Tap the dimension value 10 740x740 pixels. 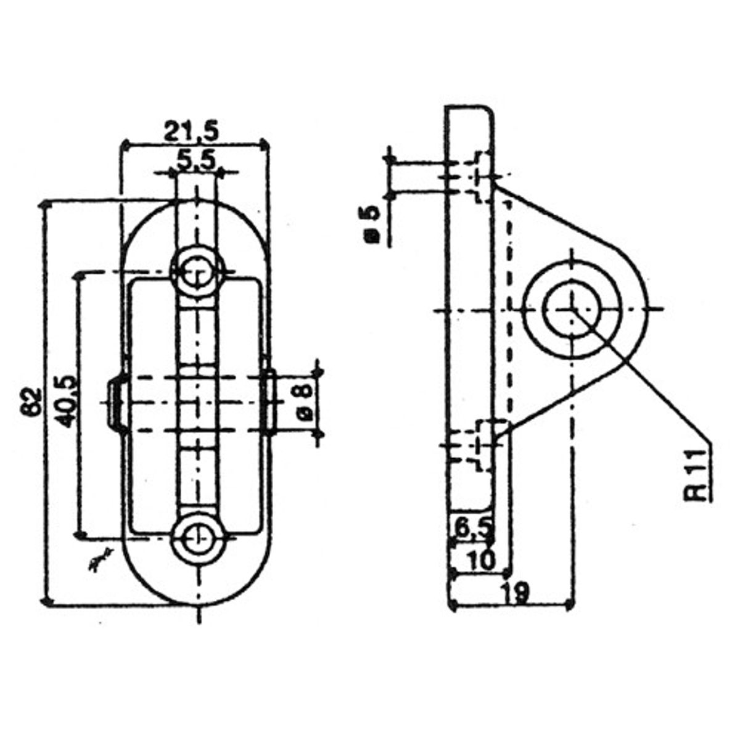pyautogui.click(x=480, y=560)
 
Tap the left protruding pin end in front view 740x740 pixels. pyautogui.click(x=115, y=401)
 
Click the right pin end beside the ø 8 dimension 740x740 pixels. pyautogui.click(x=269, y=403)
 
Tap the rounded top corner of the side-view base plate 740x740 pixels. pyautogui.click(x=488, y=112)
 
